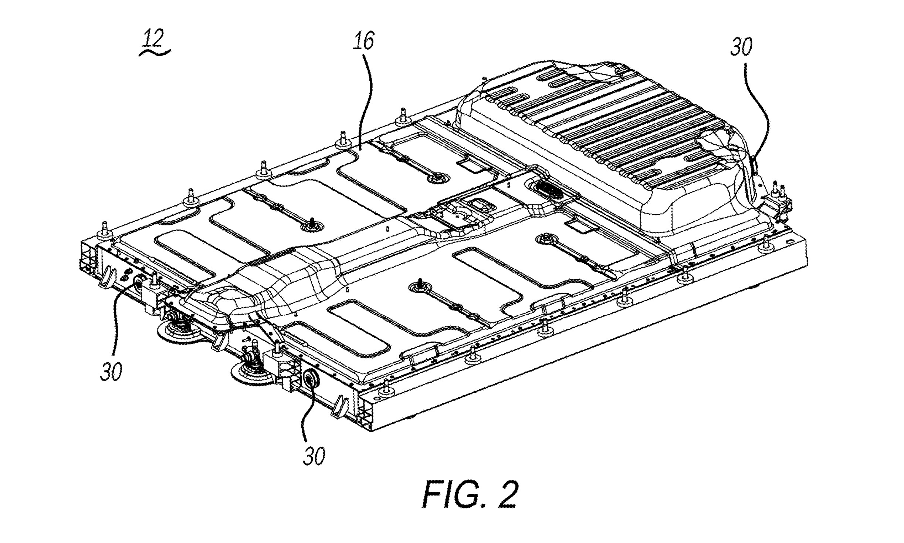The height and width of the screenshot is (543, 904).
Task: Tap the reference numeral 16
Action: (363, 41)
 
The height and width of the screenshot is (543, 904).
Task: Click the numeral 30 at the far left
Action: (111, 371)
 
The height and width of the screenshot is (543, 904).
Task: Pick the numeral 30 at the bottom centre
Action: (314, 456)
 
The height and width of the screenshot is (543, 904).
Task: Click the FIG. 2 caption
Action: (470, 495)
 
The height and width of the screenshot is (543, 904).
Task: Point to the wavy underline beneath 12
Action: (155, 53)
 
